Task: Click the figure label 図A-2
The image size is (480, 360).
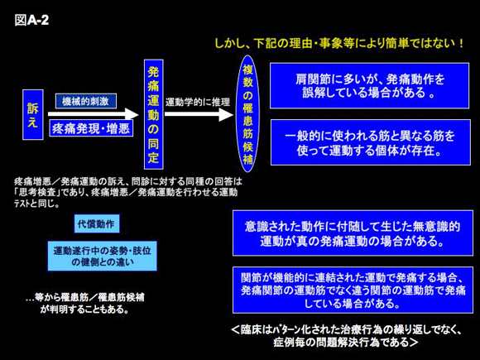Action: pos(31,20)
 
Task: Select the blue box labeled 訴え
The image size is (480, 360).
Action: pos(33,114)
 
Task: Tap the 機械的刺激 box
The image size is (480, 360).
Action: pos(86,101)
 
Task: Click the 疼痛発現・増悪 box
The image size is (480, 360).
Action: pos(91,128)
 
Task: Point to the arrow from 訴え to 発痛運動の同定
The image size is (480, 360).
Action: pos(93,114)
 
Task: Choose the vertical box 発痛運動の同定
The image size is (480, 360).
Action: pos(154,114)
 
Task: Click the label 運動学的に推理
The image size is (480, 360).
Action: pos(198,102)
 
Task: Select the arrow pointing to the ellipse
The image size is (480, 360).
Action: pos(199,114)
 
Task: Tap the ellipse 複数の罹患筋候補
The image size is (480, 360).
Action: pos(247,113)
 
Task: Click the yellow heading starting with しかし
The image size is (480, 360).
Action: pos(339,43)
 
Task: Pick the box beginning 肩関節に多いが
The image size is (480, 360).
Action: pos(369,86)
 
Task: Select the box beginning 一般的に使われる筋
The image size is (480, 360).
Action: pos(371,142)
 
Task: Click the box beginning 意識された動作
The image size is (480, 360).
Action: pos(353,233)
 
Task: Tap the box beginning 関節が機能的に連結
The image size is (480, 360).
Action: pos(353,290)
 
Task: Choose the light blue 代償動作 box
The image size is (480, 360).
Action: pos(97,223)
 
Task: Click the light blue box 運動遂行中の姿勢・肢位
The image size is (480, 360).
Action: pos(103,256)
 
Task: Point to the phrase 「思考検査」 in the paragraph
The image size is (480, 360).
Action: pos(39,193)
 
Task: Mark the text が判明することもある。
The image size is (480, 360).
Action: pos(84,310)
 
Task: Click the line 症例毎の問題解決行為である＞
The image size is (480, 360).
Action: pos(346,342)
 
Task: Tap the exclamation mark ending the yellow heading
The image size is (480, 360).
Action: pos(461,43)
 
